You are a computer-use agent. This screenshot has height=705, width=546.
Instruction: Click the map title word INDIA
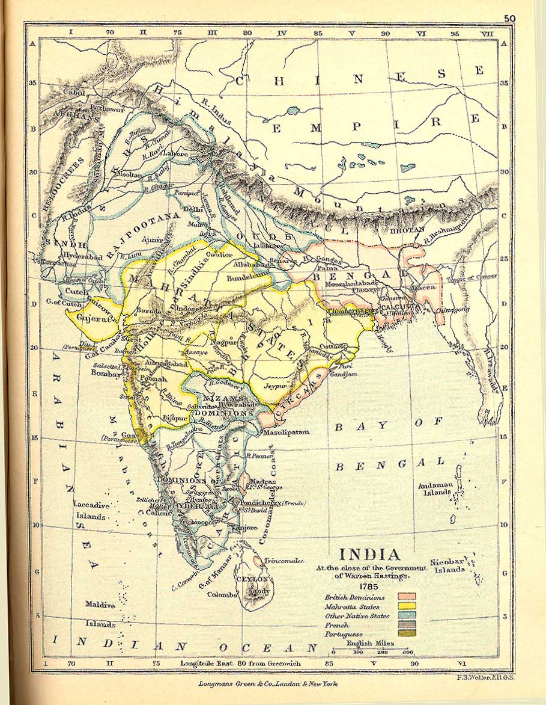[x=369, y=554]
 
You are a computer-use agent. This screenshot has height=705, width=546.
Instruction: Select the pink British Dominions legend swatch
[x=406, y=597]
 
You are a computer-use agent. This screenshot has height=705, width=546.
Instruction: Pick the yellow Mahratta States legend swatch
[x=406, y=606]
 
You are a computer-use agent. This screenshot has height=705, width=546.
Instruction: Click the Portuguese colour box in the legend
[x=406, y=634]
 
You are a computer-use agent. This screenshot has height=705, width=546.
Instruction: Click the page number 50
[x=509, y=19]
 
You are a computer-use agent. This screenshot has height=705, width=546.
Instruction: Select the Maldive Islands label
[x=100, y=614]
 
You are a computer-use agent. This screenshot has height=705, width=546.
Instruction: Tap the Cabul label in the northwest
[x=73, y=93]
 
